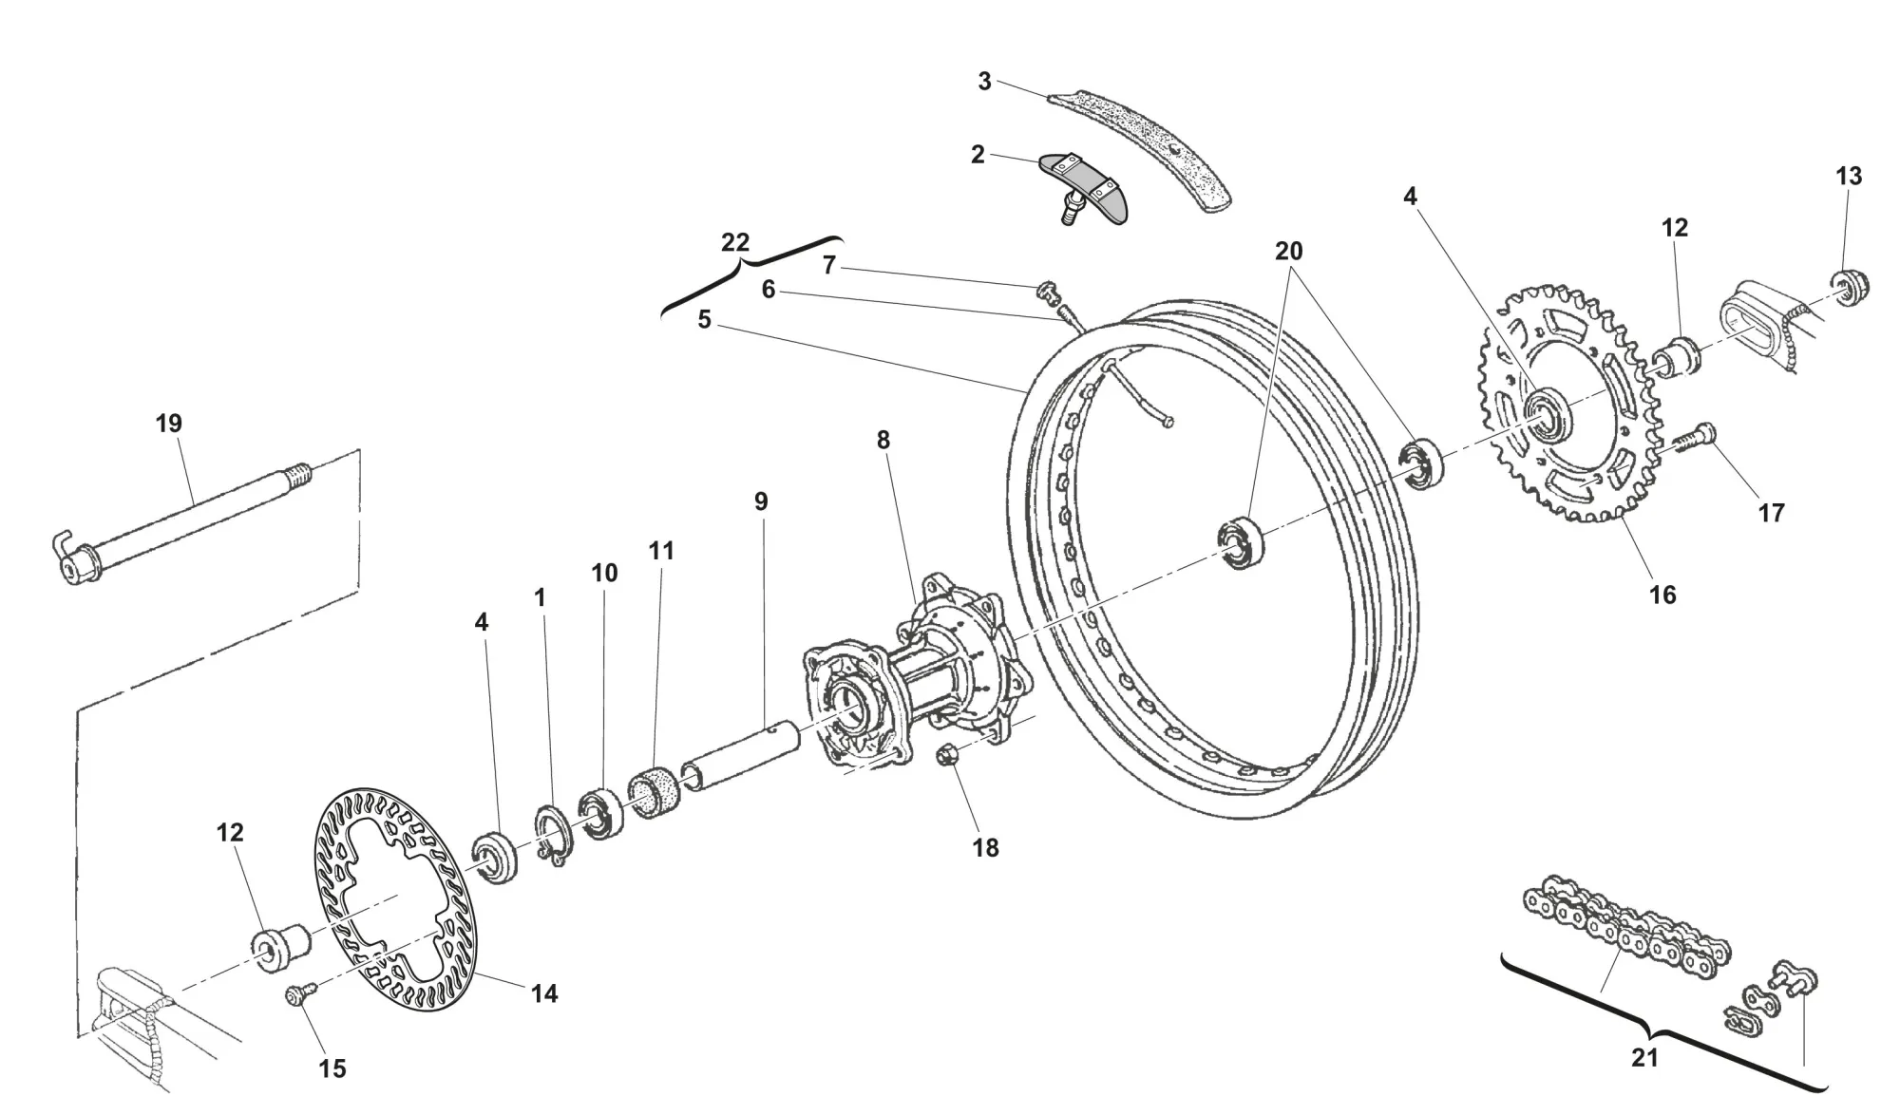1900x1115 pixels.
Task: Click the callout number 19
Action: (x=168, y=424)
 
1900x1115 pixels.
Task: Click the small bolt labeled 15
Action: (x=295, y=994)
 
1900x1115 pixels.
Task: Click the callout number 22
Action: (x=735, y=242)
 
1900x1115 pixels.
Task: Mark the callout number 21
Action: (x=1644, y=1057)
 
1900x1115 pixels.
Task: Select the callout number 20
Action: (x=1288, y=252)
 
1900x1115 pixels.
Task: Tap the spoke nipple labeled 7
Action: (x=1046, y=290)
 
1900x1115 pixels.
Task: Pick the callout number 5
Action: (x=704, y=320)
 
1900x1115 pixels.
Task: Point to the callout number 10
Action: (x=604, y=573)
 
